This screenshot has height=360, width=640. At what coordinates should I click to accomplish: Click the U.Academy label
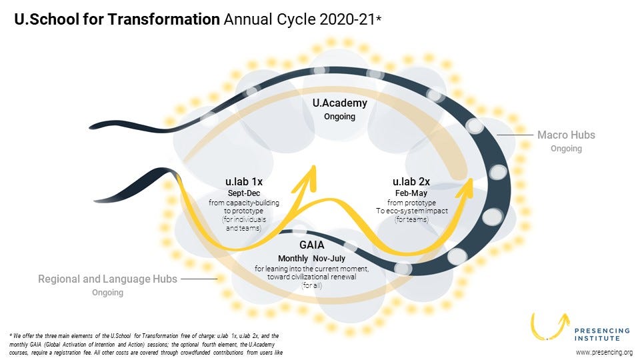(340, 103)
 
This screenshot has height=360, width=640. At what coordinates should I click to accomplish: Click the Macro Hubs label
(566, 135)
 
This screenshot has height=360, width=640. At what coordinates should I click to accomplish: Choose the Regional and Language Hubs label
(107, 279)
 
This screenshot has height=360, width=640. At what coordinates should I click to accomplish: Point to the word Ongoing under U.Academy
(340, 117)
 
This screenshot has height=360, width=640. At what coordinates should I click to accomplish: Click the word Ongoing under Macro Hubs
(566, 149)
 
